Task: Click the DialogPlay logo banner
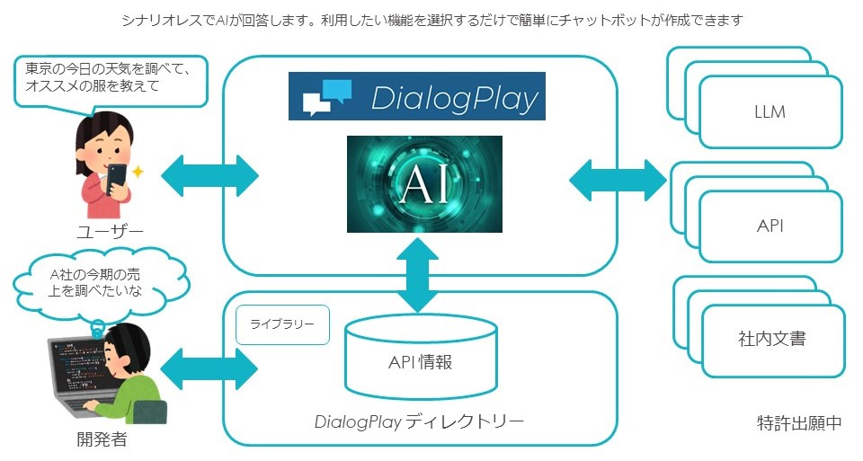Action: pyautogui.click(x=416, y=96)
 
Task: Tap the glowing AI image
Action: pyautogui.click(x=424, y=183)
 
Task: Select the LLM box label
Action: pyautogui.click(x=770, y=112)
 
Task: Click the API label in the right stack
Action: pyautogui.click(x=770, y=226)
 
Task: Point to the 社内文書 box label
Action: pyautogui.click(x=771, y=338)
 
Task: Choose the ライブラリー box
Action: pyautogui.click(x=282, y=324)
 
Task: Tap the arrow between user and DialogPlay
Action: pyautogui.click(x=209, y=176)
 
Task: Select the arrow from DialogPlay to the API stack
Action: pyautogui.click(x=618, y=181)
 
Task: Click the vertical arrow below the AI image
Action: pyautogui.click(x=418, y=275)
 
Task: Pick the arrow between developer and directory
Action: pyautogui.click(x=209, y=368)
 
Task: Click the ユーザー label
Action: pyautogui.click(x=110, y=232)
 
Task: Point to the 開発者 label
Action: pyautogui.click(x=102, y=439)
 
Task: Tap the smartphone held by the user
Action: pyautogui.click(x=117, y=178)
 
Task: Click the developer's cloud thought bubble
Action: pyautogui.click(x=101, y=282)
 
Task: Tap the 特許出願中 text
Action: pyautogui.click(x=799, y=423)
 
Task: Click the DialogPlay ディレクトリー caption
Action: pyautogui.click(x=419, y=422)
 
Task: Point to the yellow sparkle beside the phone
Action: pyautogui.click(x=138, y=173)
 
